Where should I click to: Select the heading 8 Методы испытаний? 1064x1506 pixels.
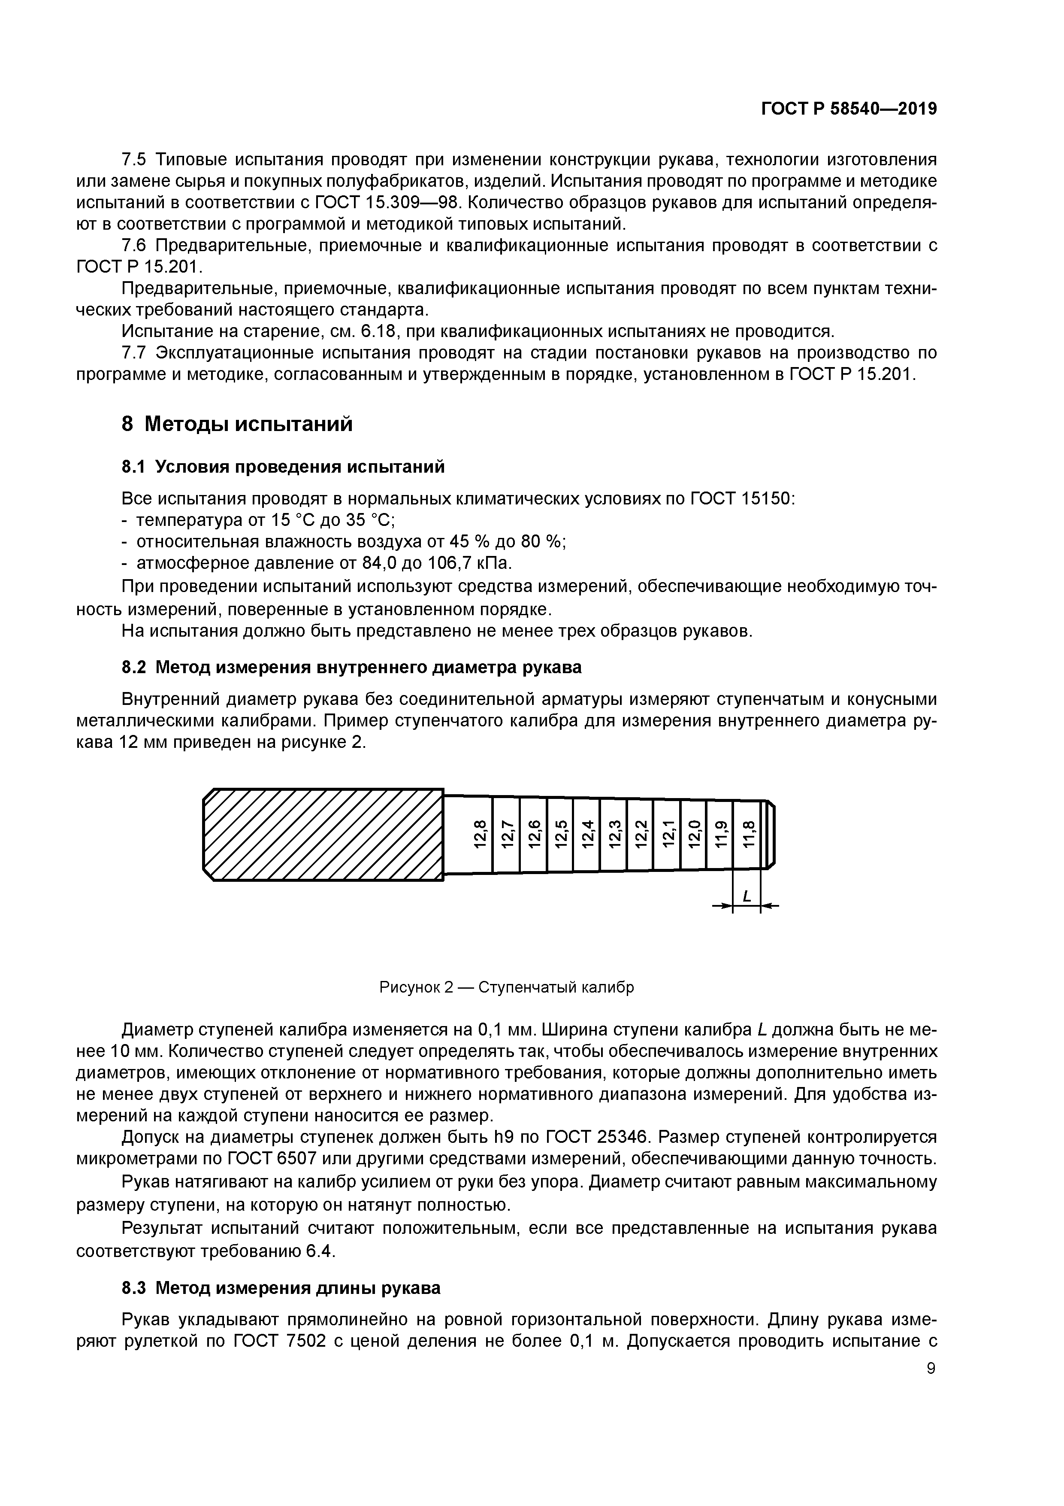click(x=237, y=425)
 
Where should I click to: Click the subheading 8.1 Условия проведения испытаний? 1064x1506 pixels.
click(x=283, y=467)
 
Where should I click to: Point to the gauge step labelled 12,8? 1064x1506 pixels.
click(x=481, y=834)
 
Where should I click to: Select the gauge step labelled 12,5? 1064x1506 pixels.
click(x=560, y=834)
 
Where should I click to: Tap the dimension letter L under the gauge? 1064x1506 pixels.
click(x=746, y=896)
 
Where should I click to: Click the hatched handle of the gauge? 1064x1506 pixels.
click(x=323, y=834)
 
